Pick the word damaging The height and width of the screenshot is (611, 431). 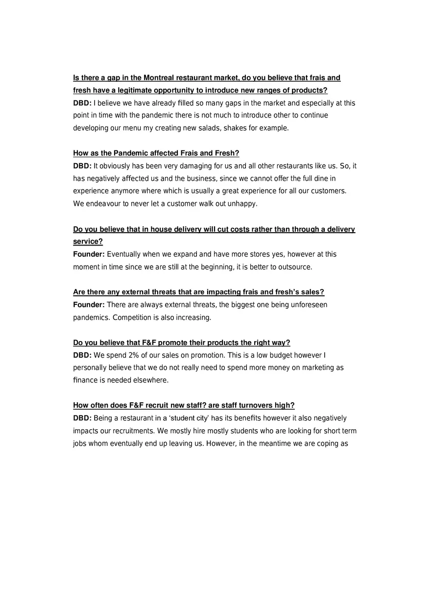[189, 166]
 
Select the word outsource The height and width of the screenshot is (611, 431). [295, 267]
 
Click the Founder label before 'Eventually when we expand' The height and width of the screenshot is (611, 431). [89, 254]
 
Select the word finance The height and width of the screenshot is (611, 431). [85, 380]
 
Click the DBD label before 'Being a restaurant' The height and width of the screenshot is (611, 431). [82, 418]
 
